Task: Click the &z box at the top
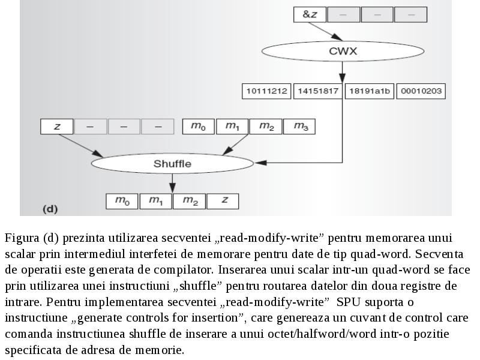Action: click(310, 14)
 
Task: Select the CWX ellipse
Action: click(343, 51)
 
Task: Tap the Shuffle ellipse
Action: click(172, 163)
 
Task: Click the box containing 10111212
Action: click(266, 91)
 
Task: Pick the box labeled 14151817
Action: click(318, 91)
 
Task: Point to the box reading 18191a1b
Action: click(370, 91)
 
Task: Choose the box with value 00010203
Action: click(421, 91)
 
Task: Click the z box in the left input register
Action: click(56, 127)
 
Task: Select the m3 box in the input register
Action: click(299, 127)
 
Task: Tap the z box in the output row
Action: click(223, 201)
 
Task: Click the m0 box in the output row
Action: click(122, 201)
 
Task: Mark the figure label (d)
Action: click(50, 209)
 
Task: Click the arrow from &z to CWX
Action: click(325, 31)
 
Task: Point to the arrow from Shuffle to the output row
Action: click(172, 184)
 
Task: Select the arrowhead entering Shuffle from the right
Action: click(260, 163)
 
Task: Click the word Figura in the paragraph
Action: click(22, 238)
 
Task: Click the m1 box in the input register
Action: click(232, 127)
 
